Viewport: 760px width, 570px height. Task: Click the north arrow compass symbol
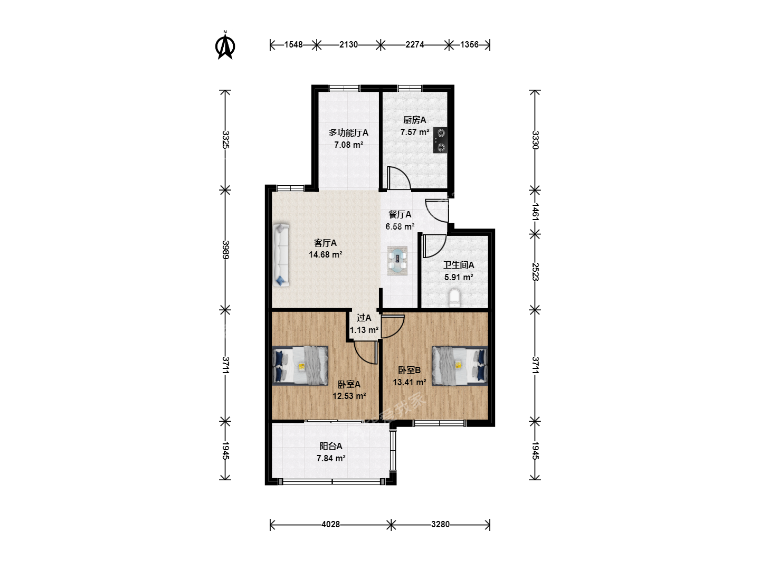225,45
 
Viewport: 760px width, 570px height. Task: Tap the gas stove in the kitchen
440,140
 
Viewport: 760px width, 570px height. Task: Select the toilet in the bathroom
454,298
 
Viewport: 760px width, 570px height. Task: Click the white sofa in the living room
281,255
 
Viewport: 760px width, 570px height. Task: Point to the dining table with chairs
397,261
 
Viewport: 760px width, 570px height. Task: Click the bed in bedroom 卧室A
300,365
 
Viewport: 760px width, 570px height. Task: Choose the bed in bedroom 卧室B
460,366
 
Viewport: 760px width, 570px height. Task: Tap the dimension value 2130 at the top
348,45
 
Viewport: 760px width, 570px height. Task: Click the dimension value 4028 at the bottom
331,524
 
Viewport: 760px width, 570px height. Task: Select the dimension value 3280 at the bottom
440,524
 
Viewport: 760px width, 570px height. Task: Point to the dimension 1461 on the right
535,212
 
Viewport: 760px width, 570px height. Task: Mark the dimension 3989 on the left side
225,250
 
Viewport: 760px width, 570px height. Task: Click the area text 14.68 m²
326,255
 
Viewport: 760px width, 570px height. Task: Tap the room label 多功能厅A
348,132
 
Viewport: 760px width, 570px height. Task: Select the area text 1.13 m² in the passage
364,330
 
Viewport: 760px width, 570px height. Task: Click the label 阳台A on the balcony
331,446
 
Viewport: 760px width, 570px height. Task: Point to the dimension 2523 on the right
535,272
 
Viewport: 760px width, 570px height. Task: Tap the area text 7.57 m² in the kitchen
415,132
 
